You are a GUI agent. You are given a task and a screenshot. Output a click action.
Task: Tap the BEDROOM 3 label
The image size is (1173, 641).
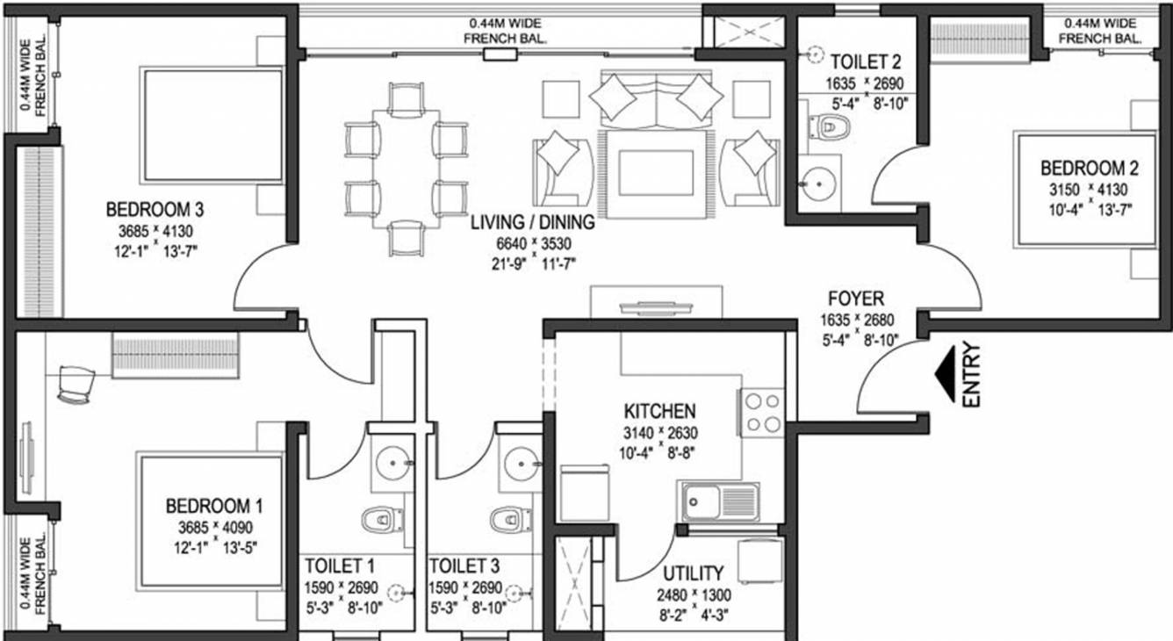coord(155,210)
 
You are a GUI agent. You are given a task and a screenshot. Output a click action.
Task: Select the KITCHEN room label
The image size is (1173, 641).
coord(660,411)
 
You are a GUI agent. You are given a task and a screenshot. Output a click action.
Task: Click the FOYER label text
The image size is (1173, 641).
coord(856,299)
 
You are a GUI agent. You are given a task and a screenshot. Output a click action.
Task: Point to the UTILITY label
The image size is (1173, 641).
coord(694,573)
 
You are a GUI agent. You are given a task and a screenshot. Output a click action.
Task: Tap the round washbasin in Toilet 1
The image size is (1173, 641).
coord(392,463)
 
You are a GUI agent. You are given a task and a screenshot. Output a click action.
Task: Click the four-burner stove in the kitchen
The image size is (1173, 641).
coord(762,413)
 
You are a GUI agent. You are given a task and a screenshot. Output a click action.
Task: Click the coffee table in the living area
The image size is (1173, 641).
coord(656,173)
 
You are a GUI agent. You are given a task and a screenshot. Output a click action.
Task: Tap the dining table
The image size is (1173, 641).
coord(407,169)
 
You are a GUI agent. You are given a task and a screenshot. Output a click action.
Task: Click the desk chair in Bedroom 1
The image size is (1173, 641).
coord(75,385)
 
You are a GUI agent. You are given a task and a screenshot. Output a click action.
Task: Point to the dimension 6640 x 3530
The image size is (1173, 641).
coord(534,244)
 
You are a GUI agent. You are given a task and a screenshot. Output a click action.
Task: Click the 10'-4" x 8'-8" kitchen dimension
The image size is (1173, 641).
coord(658,452)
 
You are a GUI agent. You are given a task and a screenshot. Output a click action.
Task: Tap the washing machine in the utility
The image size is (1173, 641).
coord(760,561)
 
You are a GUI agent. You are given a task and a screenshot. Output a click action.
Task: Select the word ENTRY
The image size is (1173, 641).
coord(971,374)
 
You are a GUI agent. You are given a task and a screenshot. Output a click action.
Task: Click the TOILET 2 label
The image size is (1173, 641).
coord(866,61)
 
